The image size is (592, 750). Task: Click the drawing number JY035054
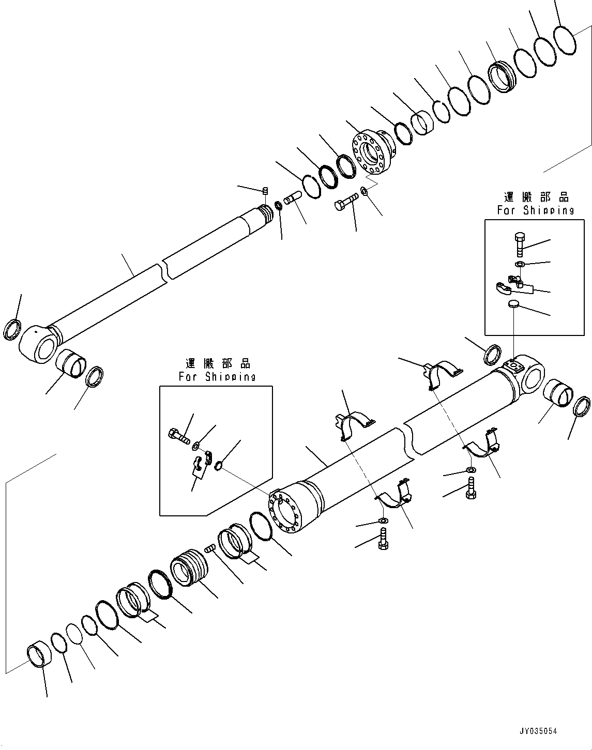click(x=539, y=731)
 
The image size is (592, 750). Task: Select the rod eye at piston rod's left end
click(x=37, y=345)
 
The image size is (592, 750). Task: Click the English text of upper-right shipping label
click(x=535, y=210)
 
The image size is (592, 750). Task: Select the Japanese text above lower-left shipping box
click(x=217, y=363)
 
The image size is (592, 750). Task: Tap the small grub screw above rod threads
click(x=265, y=191)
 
